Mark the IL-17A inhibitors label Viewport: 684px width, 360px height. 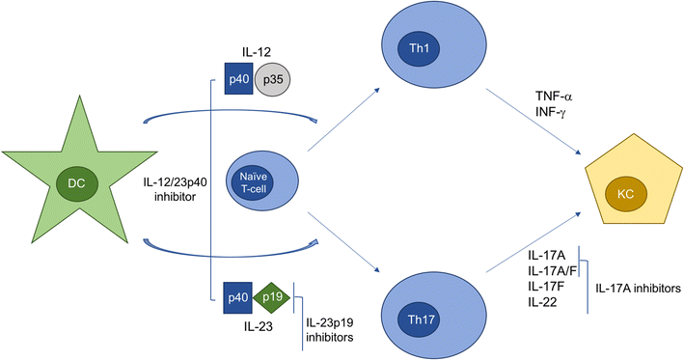coord(638,287)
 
